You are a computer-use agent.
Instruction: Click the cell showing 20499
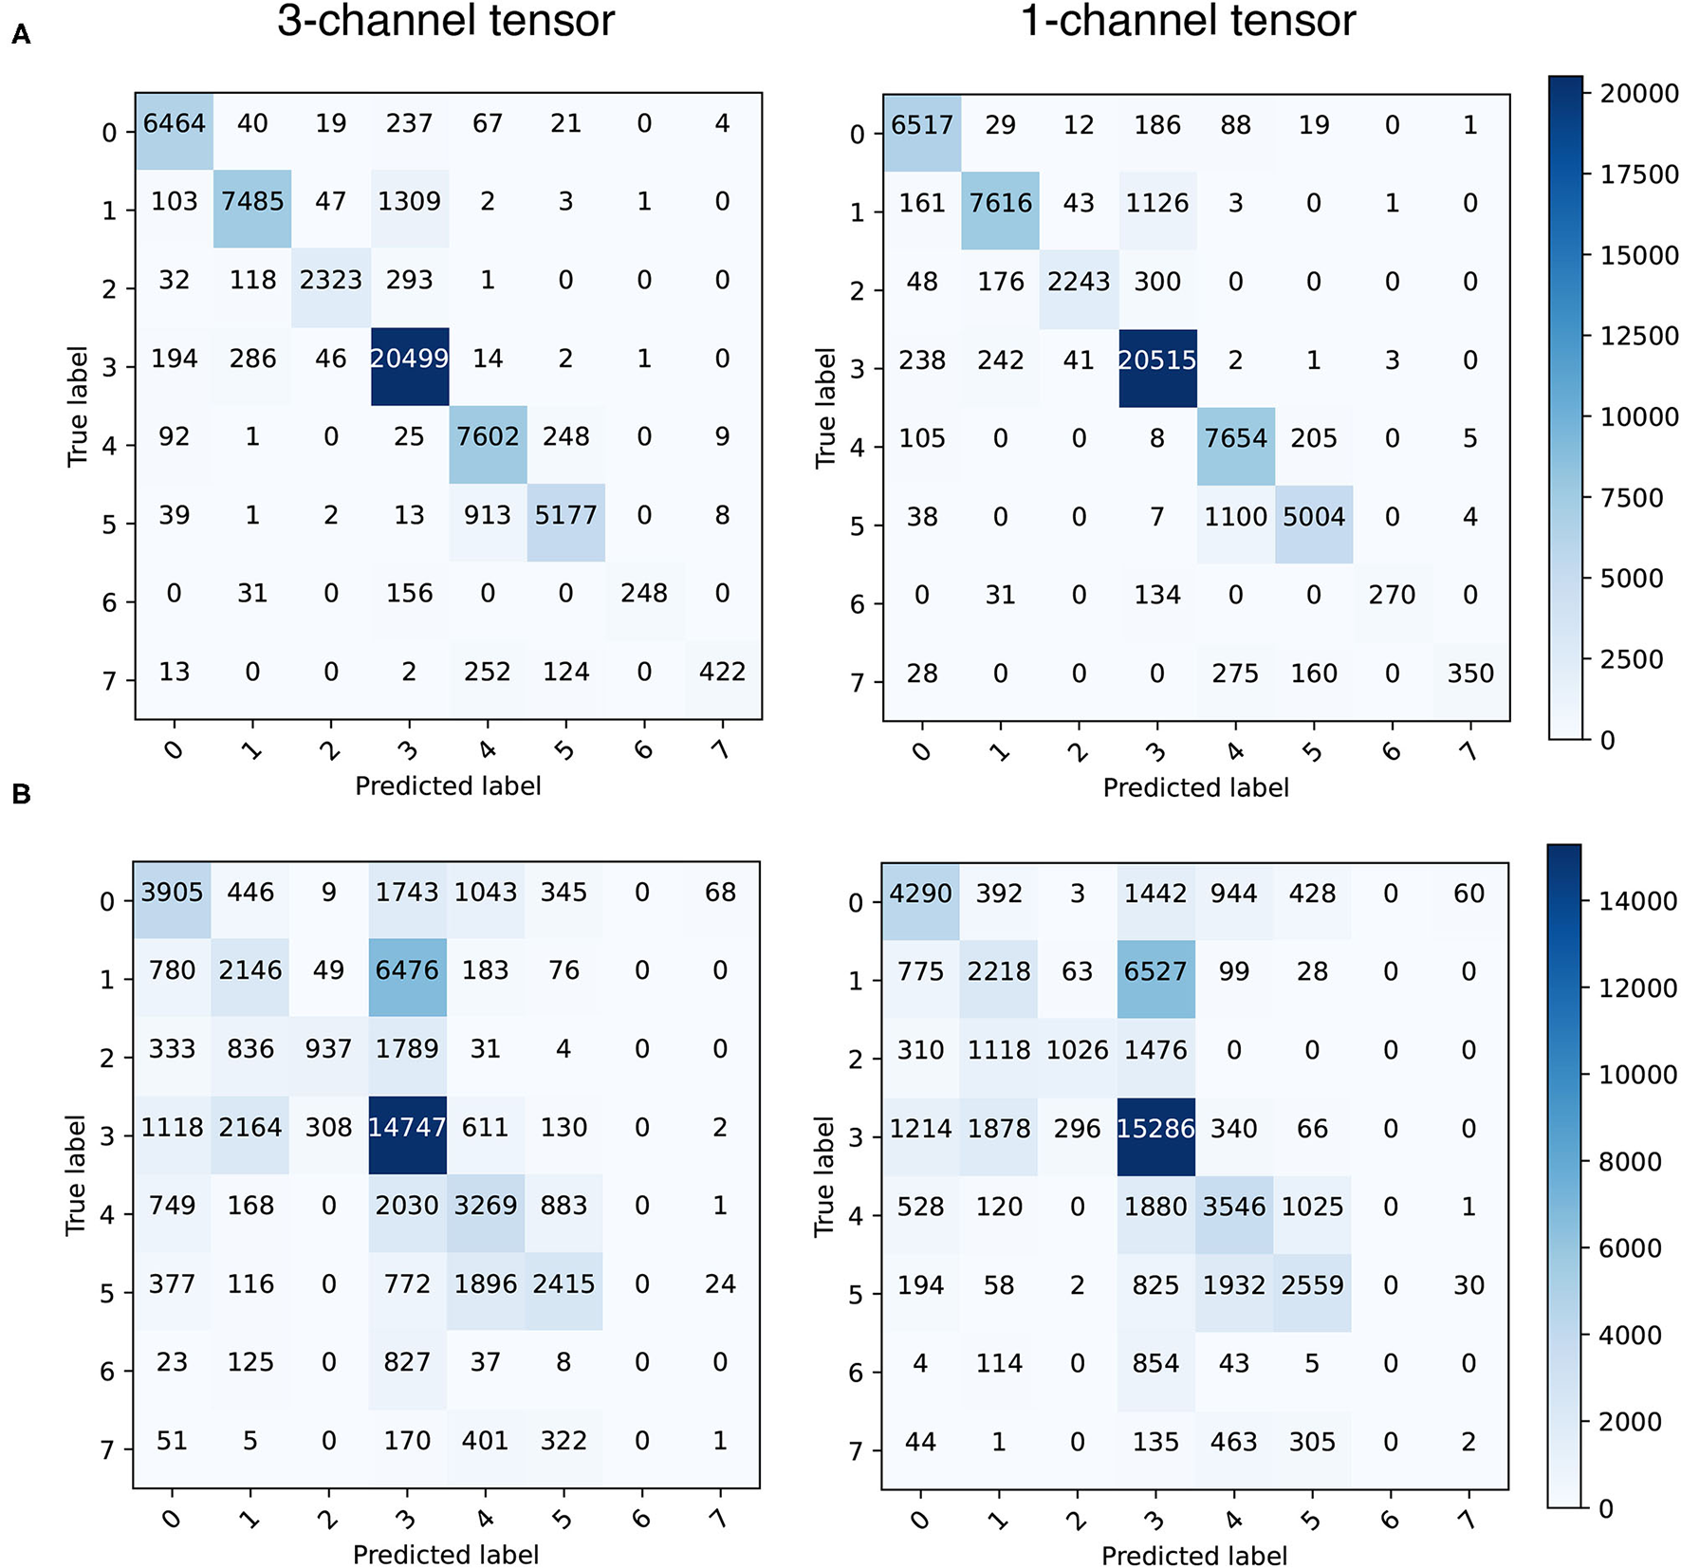click(409, 359)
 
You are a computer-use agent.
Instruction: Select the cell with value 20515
click(1157, 360)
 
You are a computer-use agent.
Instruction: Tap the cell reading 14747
click(407, 1127)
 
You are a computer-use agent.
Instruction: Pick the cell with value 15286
click(1155, 1129)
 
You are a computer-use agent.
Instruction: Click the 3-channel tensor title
click(446, 21)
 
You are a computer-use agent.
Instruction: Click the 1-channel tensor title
click(1188, 21)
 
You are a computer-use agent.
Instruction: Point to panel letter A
click(21, 36)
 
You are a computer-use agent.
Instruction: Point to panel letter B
click(21, 794)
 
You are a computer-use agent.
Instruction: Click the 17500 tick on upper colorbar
click(1639, 175)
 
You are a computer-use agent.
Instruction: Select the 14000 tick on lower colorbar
click(1637, 901)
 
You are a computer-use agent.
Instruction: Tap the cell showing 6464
click(175, 123)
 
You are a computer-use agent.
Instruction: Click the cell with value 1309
click(409, 201)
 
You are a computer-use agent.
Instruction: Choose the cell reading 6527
click(1155, 971)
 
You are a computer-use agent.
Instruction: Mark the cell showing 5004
click(1314, 517)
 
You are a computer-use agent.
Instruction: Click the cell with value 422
click(722, 672)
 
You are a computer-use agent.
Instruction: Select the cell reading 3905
click(172, 892)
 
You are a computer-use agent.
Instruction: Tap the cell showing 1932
click(1234, 1285)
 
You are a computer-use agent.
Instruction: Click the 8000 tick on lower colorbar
click(1630, 1162)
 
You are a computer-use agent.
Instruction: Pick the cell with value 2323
click(331, 280)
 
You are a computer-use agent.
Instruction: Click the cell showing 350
click(1470, 673)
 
